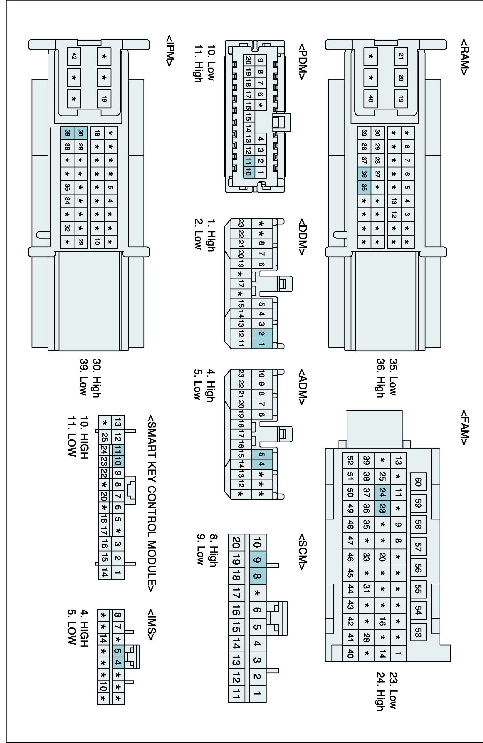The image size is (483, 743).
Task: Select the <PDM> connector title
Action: coord(302,61)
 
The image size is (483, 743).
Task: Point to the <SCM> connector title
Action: coord(302,551)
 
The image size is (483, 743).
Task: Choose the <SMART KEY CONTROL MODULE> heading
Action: coord(152,503)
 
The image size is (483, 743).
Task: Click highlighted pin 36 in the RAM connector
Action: coord(364,174)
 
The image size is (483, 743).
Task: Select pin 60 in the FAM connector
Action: coord(418,482)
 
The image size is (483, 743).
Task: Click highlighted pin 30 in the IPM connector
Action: coord(80,133)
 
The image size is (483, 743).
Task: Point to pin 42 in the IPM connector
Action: coord(74,56)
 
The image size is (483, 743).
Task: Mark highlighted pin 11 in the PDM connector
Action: coord(248,160)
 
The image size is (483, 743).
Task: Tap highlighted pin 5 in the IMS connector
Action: coord(118,651)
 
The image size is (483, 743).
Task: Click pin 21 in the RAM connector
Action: coord(401,56)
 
